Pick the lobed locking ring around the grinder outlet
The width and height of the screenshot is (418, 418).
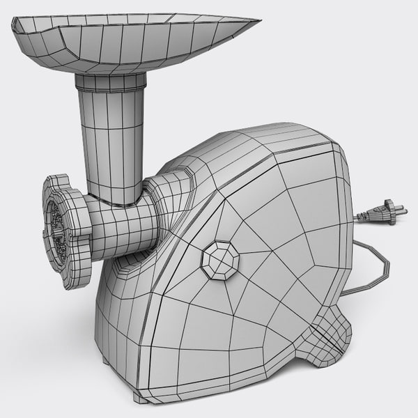point(67,230)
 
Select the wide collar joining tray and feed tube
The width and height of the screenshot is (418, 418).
point(111,85)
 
